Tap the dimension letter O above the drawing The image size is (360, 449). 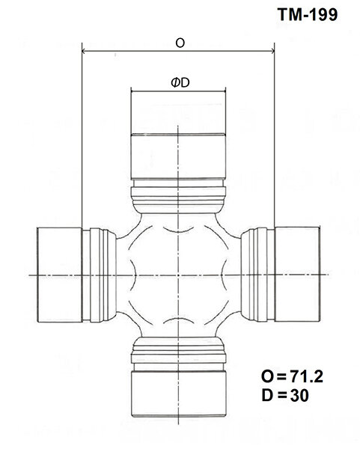coord(180,43)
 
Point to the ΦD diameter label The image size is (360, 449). coord(179,84)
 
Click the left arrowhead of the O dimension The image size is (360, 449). coord(84,52)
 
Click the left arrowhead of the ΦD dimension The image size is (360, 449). coord(134,92)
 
